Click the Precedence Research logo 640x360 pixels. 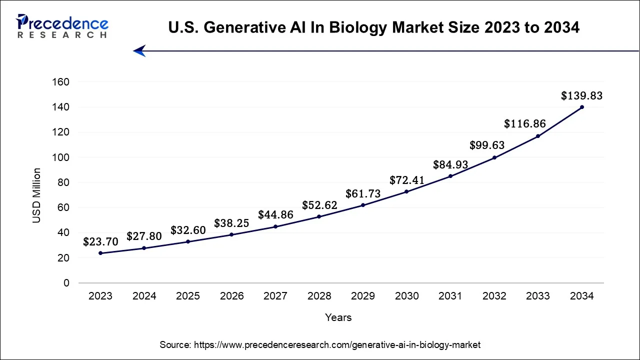62,26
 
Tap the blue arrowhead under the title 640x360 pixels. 139,51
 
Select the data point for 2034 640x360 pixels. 582,107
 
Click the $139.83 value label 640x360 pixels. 581,95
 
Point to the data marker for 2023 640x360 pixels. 100,253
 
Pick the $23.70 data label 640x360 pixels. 101,242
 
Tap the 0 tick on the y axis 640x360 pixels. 66,283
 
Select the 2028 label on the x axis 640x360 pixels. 319,296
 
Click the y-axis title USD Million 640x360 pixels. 36,195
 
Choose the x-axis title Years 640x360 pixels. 338,317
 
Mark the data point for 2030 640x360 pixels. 406,191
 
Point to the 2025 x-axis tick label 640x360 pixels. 188,296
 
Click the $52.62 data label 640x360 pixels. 319,205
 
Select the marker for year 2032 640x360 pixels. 494,157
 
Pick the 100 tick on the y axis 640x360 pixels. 60,157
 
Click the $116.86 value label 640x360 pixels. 524,123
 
